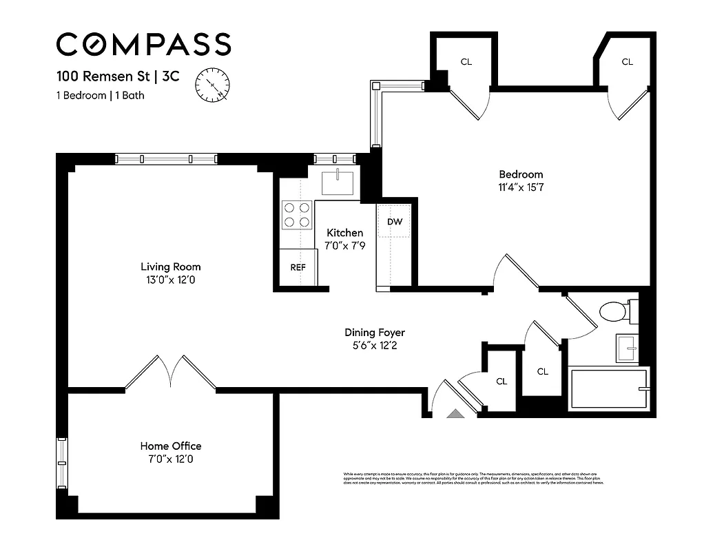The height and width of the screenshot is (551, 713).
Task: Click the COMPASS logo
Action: (x=143, y=44)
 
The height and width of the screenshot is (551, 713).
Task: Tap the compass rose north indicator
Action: (x=214, y=85)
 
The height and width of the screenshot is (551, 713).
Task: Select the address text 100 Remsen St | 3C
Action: (x=117, y=76)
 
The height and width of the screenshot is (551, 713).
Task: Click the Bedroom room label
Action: (x=521, y=174)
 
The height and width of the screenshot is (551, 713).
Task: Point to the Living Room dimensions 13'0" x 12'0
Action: (x=171, y=280)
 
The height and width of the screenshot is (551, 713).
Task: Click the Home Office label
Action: (x=171, y=446)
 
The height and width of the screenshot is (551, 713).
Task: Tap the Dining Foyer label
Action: (x=374, y=333)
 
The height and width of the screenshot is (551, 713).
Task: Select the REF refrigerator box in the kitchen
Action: (x=298, y=267)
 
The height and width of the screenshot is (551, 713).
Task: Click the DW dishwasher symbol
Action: (x=394, y=222)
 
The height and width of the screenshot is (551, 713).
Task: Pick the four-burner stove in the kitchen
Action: (x=298, y=214)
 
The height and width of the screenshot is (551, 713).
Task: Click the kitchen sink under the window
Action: (x=338, y=183)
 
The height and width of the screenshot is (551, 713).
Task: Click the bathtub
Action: (x=609, y=390)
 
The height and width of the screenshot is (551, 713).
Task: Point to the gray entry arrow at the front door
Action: (x=455, y=413)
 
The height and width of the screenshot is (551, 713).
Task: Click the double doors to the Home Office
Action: (x=171, y=373)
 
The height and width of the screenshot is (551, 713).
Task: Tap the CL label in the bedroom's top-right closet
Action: (x=627, y=62)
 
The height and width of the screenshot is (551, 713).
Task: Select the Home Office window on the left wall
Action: (x=61, y=461)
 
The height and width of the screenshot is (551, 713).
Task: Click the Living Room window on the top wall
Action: (x=166, y=159)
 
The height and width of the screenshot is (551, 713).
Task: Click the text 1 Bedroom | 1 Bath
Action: (x=101, y=96)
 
